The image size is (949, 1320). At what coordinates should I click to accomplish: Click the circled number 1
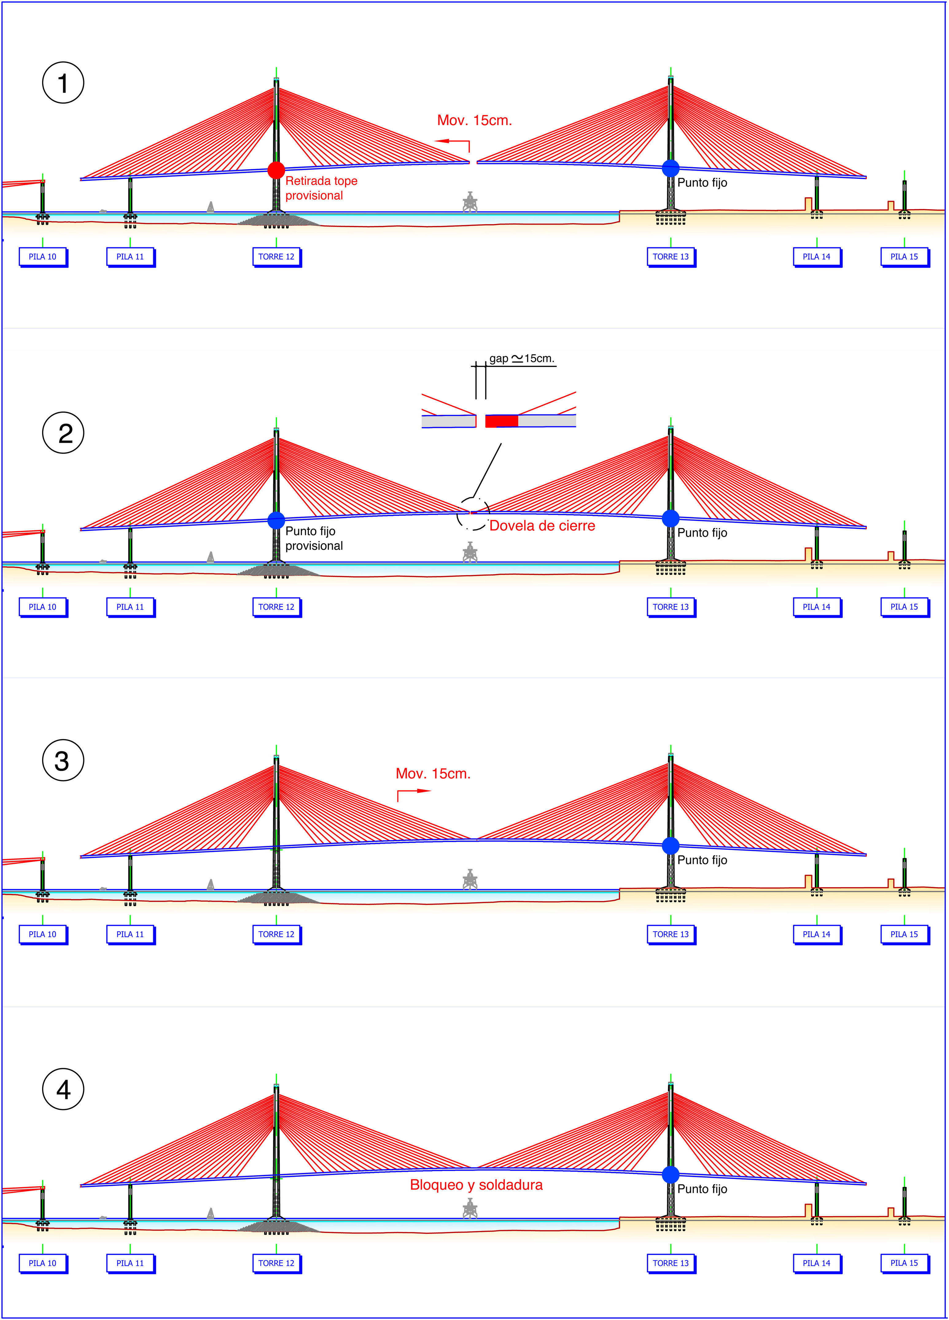coord(63,83)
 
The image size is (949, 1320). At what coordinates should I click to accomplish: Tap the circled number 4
coord(63,1089)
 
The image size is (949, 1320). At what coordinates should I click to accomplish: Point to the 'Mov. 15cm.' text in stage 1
coord(474,120)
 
